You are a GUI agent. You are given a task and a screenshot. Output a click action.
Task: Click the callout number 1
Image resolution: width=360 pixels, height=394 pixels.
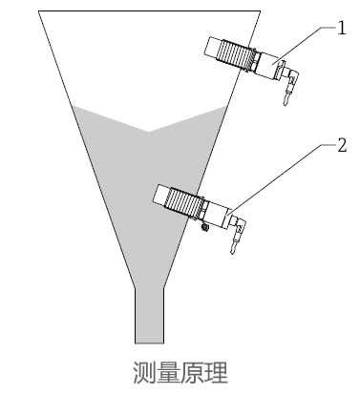click(x=341, y=28)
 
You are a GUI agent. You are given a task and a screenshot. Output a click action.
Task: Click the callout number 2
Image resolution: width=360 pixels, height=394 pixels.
click(x=341, y=146)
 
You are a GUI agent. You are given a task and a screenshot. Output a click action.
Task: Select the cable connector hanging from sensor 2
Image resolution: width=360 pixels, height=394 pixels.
click(x=234, y=238)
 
